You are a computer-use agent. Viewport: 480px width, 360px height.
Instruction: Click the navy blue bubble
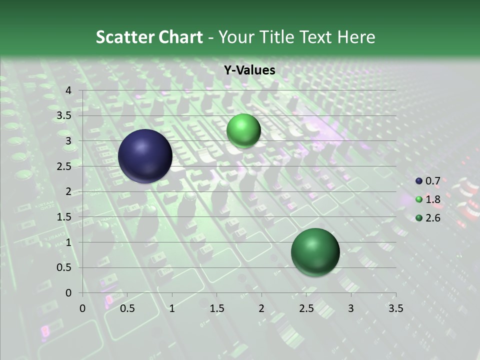145,156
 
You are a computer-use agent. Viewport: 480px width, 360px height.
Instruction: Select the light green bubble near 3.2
243,130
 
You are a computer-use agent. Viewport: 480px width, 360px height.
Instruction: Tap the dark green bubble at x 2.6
315,252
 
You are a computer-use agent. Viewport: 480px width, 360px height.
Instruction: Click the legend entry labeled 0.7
432,181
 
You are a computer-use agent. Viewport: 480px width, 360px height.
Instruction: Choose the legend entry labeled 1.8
432,199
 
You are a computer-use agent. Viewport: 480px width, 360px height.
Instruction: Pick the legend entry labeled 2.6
432,218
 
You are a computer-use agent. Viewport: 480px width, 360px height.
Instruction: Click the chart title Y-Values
249,70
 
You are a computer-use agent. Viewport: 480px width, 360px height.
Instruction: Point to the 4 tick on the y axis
69,90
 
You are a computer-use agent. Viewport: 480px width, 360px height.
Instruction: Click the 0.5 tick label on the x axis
127,308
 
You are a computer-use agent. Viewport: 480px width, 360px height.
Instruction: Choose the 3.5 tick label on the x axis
395,308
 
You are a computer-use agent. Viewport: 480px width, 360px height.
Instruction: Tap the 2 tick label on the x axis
261,308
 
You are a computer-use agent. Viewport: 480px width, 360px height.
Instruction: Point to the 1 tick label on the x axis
172,308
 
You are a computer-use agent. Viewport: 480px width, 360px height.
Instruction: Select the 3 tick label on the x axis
351,308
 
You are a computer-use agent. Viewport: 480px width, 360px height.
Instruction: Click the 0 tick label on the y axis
69,293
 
